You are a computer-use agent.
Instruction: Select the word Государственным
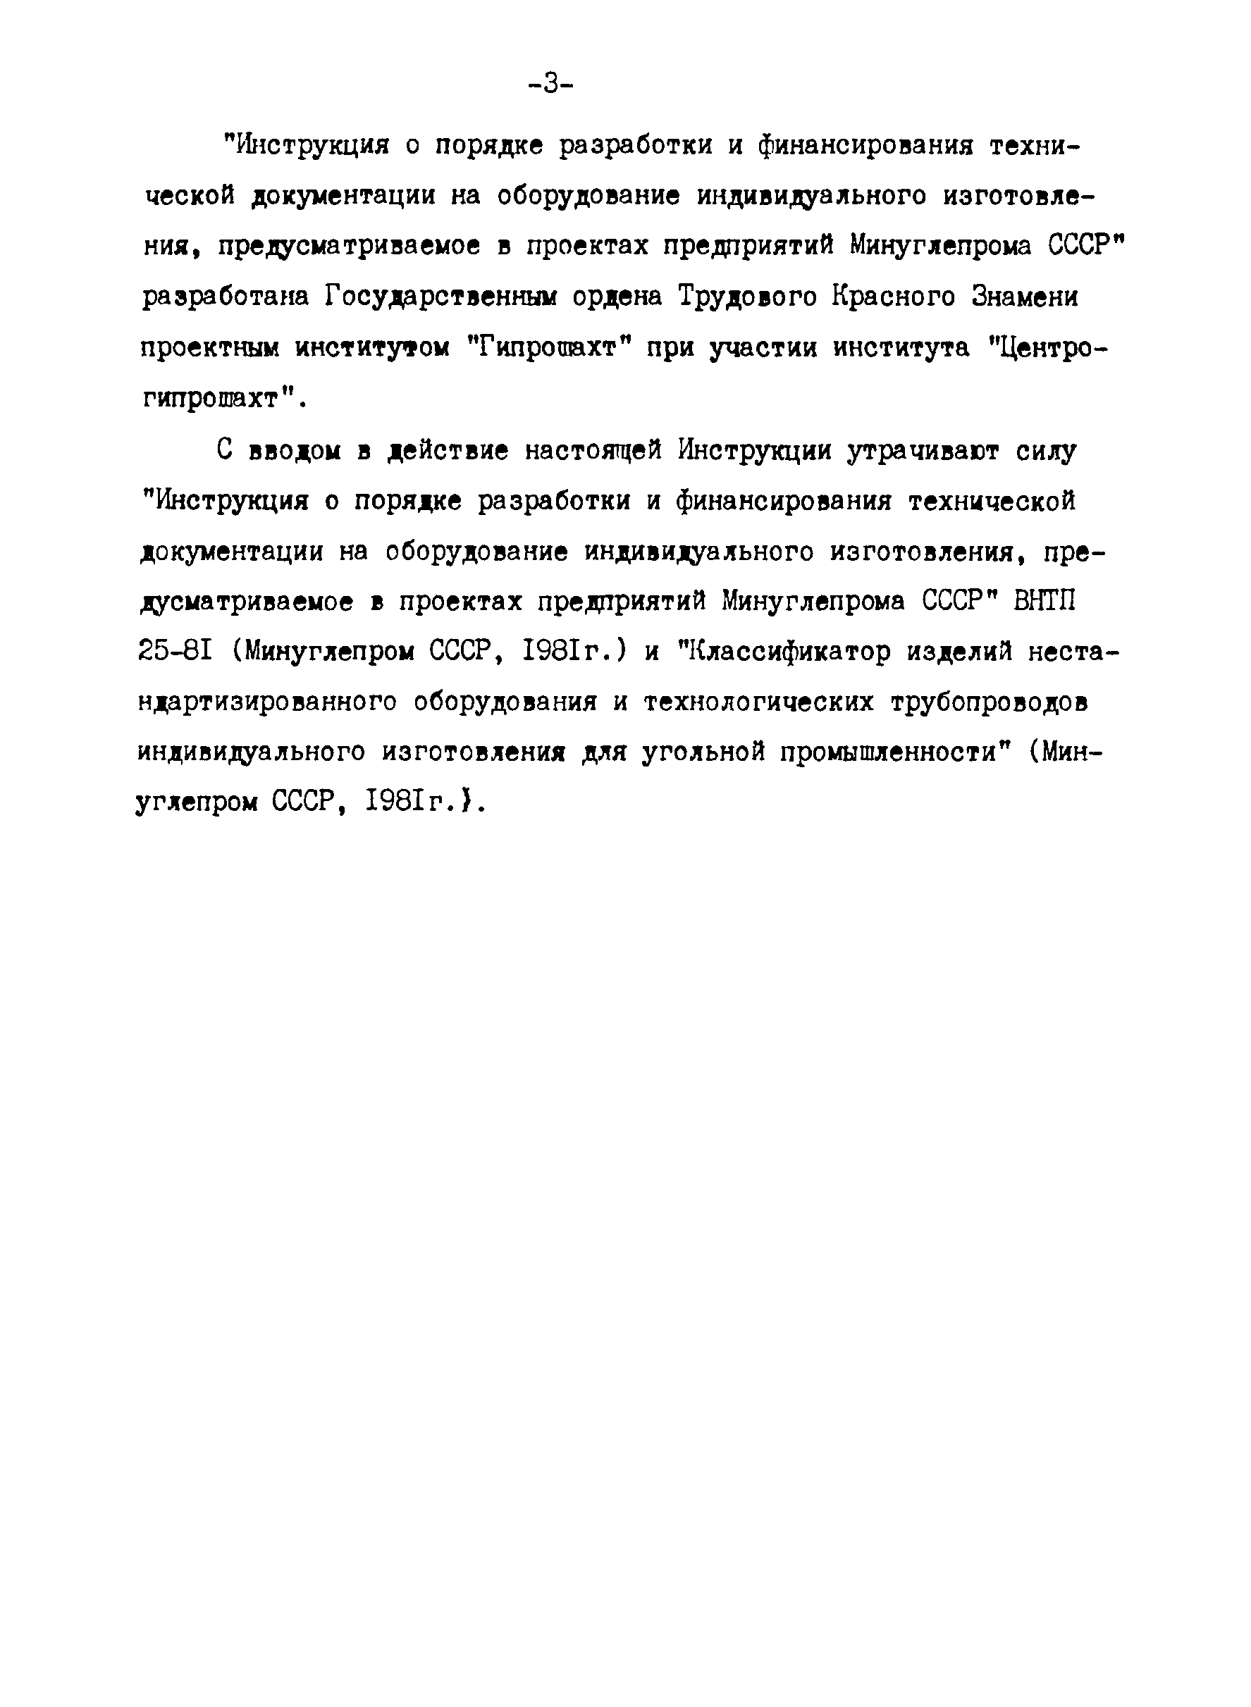point(440,297)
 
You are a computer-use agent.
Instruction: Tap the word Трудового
point(746,297)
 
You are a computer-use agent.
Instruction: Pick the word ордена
point(617,297)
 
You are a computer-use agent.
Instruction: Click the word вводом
point(295,451)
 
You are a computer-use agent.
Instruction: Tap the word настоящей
point(593,452)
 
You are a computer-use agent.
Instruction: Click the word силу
point(1046,452)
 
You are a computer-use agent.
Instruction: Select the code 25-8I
point(177,652)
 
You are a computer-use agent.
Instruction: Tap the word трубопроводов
point(989,702)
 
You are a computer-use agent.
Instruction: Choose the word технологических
point(759,702)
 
